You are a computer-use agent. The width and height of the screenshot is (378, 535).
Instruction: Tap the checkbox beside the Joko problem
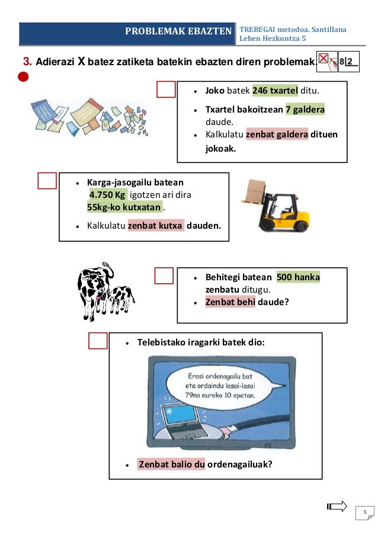click(166, 89)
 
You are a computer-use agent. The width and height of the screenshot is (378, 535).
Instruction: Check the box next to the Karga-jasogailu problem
click(47, 181)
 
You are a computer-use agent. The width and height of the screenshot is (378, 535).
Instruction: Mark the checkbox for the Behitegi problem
click(164, 275)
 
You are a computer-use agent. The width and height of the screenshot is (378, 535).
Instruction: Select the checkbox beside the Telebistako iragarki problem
click(98, 341)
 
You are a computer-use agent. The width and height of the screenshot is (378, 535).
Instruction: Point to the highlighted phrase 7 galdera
click(305, 110)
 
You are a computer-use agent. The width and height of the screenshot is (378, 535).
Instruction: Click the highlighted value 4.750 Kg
click(107, 195)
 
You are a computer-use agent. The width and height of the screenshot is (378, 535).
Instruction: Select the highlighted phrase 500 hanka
click(298, 277)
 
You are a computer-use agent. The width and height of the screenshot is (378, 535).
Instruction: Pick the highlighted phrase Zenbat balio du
click(172, 464)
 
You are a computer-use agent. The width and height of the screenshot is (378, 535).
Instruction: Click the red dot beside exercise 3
click(23, 76)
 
